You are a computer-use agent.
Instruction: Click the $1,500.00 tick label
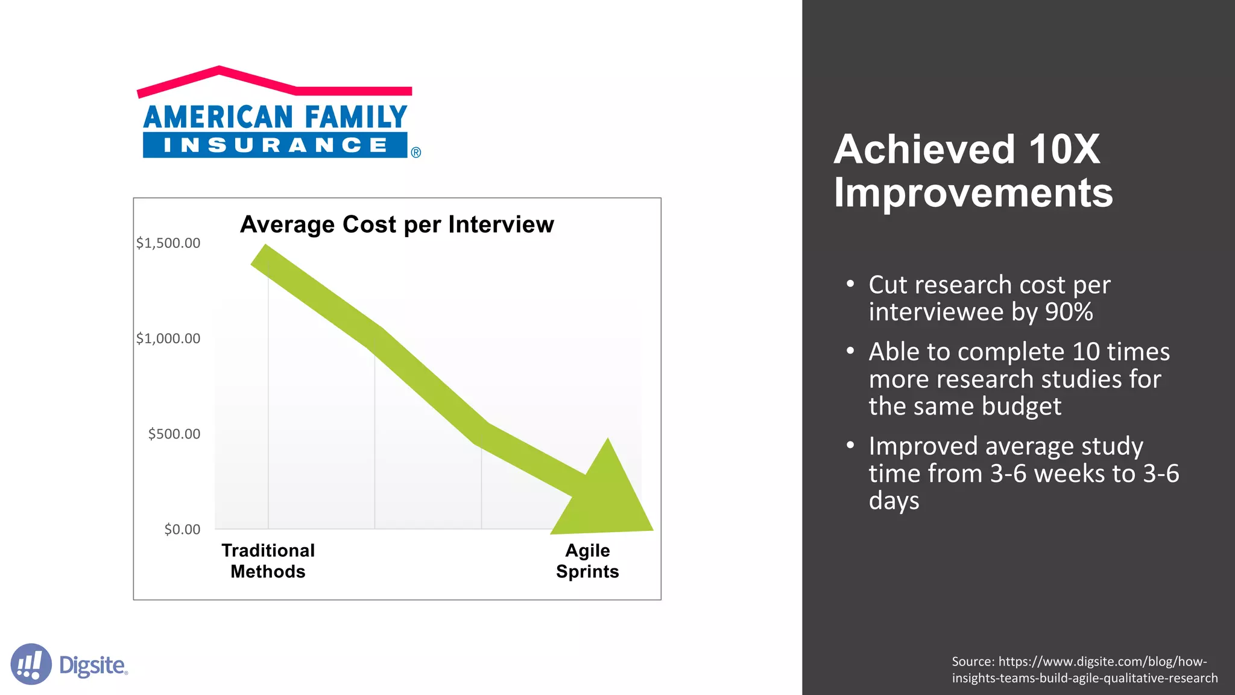click(168, 243)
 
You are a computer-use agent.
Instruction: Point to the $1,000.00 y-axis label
click(168, 338)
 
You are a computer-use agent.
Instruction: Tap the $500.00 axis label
click(174, 434)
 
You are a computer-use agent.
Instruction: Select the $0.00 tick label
click(182, 529)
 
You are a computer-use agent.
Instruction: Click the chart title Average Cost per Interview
click(397, 224)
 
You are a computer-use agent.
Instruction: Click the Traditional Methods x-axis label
click(268, 561)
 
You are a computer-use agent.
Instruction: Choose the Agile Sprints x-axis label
click(587, 561)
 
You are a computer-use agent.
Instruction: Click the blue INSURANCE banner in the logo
click(275, 145)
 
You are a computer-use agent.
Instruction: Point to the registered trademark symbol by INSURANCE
click(416, 153)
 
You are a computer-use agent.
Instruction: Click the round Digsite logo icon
click(31, 664)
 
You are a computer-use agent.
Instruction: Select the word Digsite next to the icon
click(93, 665)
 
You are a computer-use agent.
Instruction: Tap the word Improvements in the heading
click(973, 193)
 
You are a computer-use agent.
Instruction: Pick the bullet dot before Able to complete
click(850, 351)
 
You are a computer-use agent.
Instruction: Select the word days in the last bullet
click(894, 501)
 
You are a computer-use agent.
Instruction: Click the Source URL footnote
click(1084, 670)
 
